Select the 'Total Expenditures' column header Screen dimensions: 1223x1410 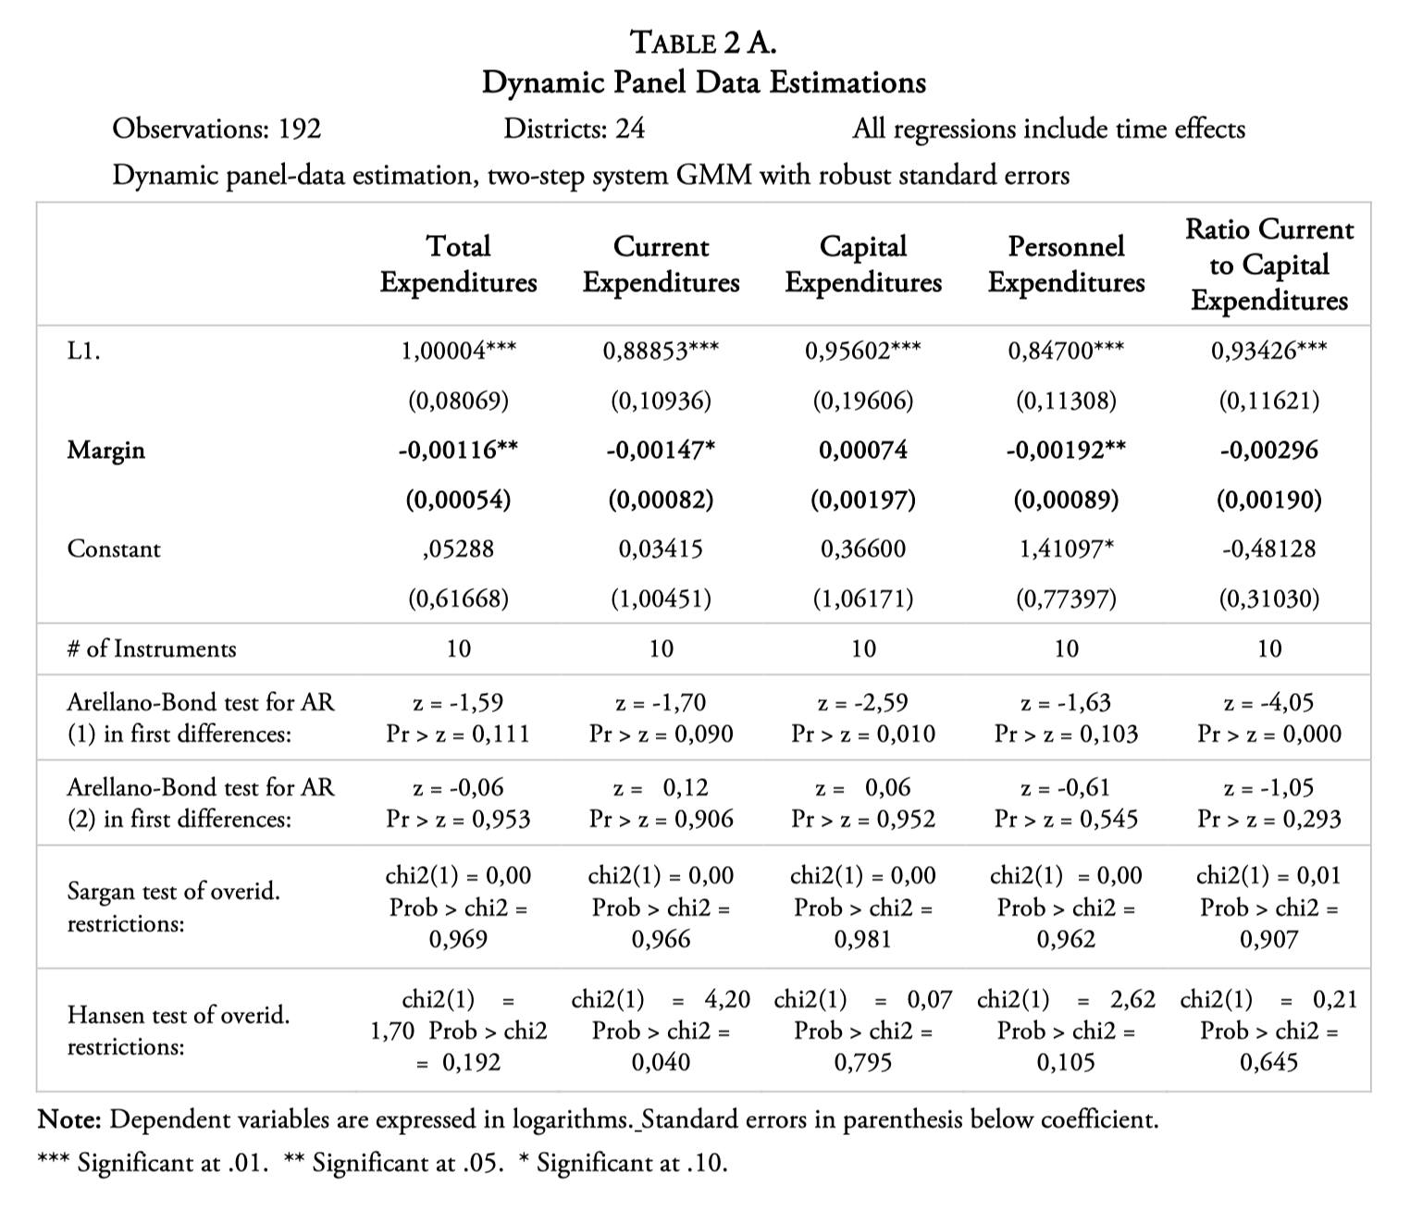[458, 264]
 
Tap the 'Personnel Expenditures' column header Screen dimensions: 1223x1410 [1066, 264]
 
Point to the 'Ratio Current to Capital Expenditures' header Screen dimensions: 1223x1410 [1268, 265]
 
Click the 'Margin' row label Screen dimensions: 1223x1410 [105, 451]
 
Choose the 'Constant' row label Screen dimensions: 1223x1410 [114, 549]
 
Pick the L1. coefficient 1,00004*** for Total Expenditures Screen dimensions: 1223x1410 [458, 351]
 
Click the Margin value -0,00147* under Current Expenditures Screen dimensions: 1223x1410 [661, 451]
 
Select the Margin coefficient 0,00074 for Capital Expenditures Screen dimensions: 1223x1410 [863, 451]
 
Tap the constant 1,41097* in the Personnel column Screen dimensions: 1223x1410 [1066, 549]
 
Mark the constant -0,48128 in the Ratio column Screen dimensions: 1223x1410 [1268, 549]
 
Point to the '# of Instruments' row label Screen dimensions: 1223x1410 [151, 649]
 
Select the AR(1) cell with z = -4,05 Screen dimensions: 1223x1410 [1268, 718]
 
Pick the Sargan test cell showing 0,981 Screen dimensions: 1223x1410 [863, 907]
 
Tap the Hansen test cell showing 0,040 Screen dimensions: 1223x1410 [661, 1031]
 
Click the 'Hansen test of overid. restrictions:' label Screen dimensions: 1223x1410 [178, 1031]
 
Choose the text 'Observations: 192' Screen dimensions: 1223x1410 [216, 129]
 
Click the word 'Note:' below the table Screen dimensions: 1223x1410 [68, 1120]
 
